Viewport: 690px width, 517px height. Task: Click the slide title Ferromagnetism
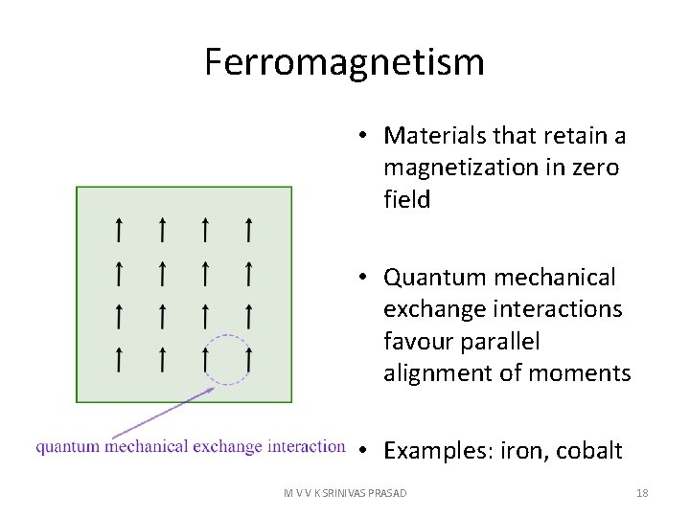(344, 63)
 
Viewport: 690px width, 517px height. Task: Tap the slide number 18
(642, 493)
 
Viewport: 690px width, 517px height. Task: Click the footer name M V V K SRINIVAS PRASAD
(345, 493)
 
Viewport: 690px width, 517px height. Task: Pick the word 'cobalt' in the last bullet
(588, 451)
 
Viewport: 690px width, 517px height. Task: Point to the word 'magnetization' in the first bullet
(448, 168)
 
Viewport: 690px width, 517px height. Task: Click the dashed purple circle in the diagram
(228, 360)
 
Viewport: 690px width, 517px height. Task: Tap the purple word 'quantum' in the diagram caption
(68, 447)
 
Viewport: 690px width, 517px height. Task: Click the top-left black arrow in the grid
(119, 230)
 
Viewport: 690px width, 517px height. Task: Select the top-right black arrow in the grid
(248, 230)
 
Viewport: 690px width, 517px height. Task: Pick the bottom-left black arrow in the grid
(119, 359)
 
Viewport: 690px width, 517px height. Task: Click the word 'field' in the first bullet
(406, 199)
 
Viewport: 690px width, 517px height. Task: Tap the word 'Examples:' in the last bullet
(436, 451)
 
